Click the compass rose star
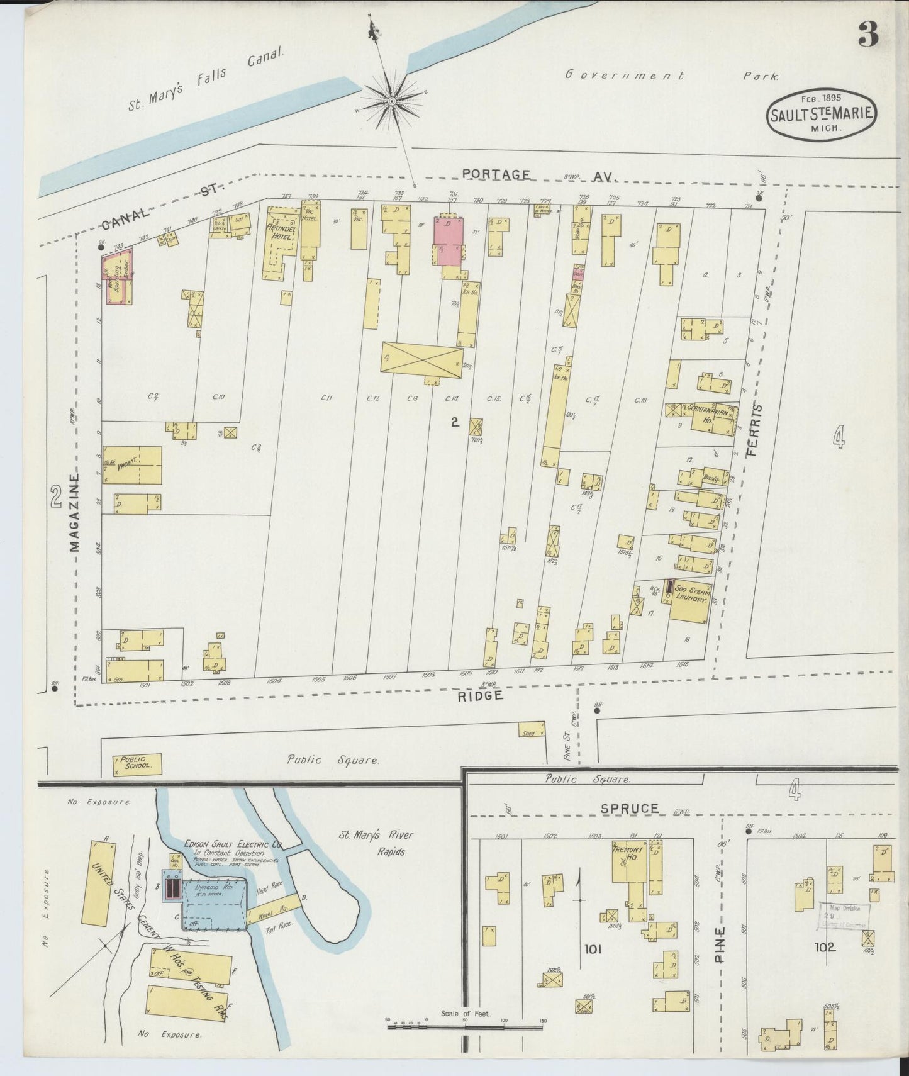click(x=391, y=101)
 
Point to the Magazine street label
click(x=74, y=513)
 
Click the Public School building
click(x=137, y=765)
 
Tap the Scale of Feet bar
click(x=464, y=1026)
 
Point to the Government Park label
click(x=670, y=76)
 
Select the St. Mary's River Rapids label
click(x=376, y=843)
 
